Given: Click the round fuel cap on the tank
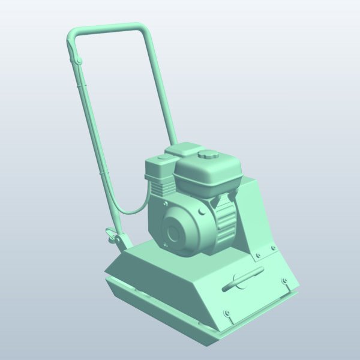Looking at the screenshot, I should pyautogui.click(x=209, y=155).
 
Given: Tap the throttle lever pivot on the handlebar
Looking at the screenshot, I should pyautogui.click(x=77, y=59).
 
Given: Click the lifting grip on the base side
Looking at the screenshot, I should pyautogui.click(x=243, y=280).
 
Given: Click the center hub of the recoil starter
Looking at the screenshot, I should pyautogui.click(x=175, y=233).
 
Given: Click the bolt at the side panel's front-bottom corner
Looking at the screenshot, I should pyautogui.click(x=227, y=313).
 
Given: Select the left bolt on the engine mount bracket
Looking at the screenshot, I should pyautogui.click(x=258, y=255).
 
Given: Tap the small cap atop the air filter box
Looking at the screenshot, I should pyautogui.click(x=162, y=159).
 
